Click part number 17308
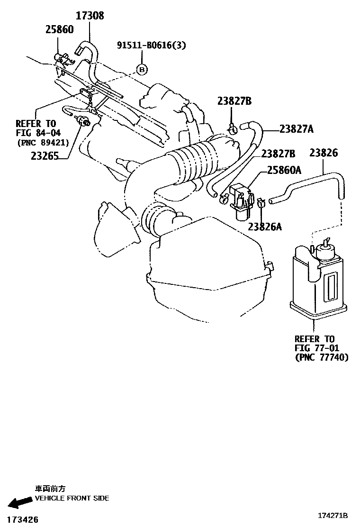(x=90, y=16)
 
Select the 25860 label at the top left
(x=59, y=30)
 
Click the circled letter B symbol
(x=142, y=70)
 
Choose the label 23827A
(x=296, y=128)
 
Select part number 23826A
(x=264, y=227)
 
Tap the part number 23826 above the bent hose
(x=324, y=153)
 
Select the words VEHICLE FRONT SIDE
(x=72, y=498)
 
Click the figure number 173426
(x=19, y=520)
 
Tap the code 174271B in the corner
(x=333, y=516)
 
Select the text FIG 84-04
(x=36, y=133)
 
